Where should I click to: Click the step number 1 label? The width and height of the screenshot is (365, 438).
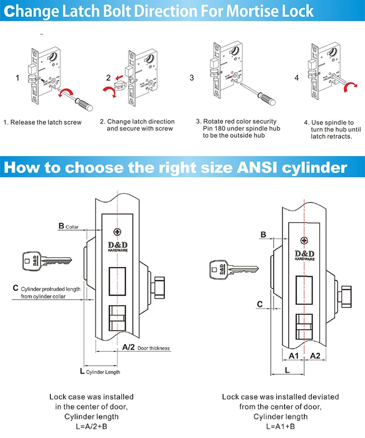(x=18, y=77)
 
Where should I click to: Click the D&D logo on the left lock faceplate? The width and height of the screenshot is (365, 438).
(x=116, y=245)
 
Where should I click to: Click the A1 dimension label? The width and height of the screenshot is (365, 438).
(x=293, y=356)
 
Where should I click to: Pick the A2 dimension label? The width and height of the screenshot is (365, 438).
(x=315, y=356)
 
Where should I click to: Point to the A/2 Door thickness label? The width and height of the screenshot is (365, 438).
(x=145, y=347)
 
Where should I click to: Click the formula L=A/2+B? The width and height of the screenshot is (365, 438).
(x=91, y=426)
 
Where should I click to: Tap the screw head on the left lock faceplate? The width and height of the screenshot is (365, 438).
(x=116, y=231)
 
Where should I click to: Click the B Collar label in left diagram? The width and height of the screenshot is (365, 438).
(x=69, y=226)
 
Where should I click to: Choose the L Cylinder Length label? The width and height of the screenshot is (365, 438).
(x=99, y=371)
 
